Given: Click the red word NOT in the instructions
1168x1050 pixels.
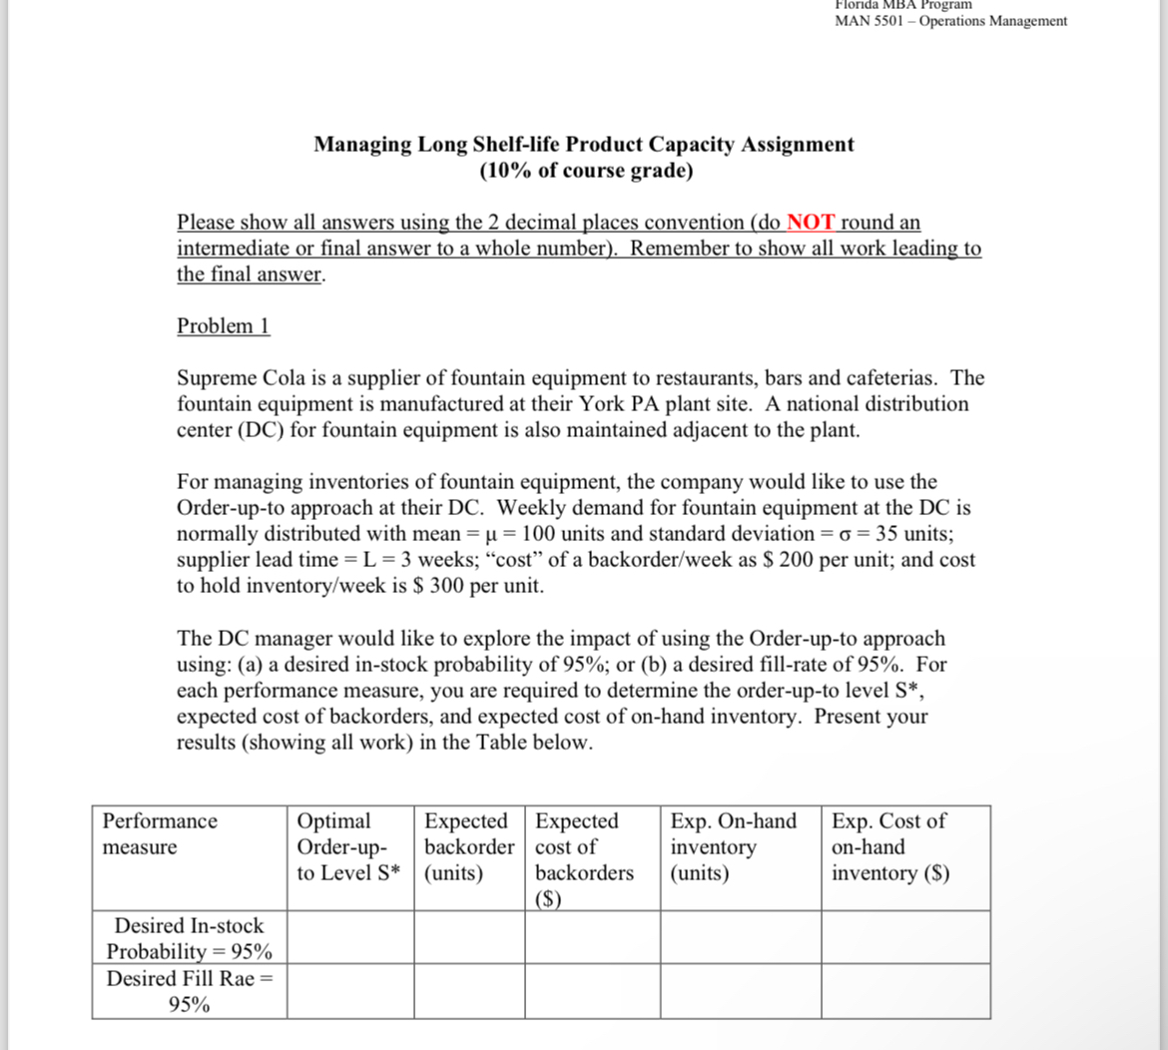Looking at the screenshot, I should click(811, 222).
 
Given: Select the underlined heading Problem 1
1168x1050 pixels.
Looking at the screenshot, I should click(223, 325).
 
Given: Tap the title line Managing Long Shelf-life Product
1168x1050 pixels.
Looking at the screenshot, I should click(583, 144).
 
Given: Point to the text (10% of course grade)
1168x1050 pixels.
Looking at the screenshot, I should click(585, 170).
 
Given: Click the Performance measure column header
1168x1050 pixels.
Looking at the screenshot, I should click(160, 833).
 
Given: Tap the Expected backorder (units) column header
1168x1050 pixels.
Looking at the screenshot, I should click(467, 846).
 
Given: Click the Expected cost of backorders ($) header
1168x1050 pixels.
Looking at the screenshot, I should click(585, 858).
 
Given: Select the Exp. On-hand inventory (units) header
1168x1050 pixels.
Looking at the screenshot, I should click(734, 846).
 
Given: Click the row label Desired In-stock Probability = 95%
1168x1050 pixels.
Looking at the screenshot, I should click(189, 938).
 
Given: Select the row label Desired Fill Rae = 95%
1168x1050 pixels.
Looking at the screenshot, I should click(189, 991).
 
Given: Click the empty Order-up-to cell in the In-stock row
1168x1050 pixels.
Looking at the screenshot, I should click(349, 937).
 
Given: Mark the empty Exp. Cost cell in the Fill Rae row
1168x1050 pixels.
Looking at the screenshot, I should click(905, 991).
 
